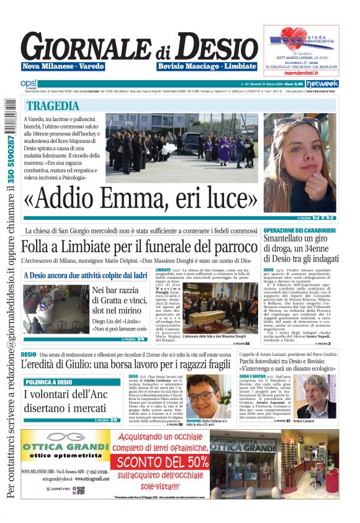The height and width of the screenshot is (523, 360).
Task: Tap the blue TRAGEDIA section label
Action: pos(53,106)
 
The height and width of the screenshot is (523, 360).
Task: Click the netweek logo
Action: pos(322,83)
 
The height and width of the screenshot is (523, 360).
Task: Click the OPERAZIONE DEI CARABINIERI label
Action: pos(299,230)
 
